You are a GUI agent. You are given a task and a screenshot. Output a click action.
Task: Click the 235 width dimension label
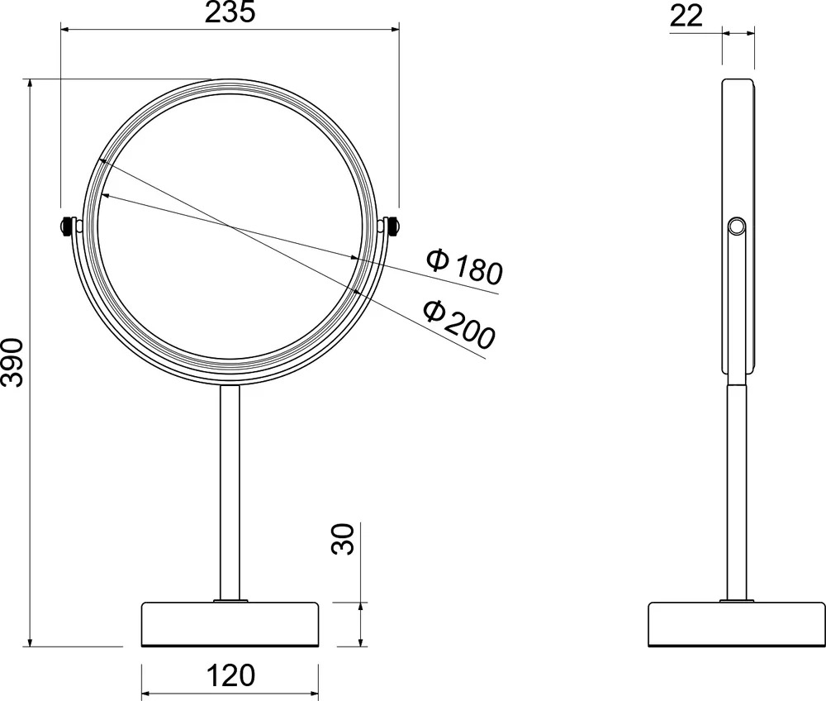pyautogui.click(x=230, y=12)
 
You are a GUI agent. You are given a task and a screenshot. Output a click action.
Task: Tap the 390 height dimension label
pyautogui.click(x=12, y=363)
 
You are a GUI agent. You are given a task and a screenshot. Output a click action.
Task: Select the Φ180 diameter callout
pyautogui.click(x=464, y=265)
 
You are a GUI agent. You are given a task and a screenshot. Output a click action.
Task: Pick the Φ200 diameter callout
pyautogui.click(x=459, y=323)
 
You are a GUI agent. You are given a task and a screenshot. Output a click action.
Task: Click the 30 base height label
pyautogui.click(x=343, y=539)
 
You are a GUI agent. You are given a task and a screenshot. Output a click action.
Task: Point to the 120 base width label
pyautogui.click(x=230, y=675)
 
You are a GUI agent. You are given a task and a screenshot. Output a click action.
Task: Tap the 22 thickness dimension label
pyautogui.click(x=686, y=17)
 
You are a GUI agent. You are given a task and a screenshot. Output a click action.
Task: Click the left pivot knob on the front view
pyautogui.click(x=66, y=227)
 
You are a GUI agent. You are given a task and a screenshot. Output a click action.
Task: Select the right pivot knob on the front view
pyautogui.click(x=392, y=227)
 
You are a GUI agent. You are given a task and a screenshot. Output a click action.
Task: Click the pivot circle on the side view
pyautogui.click(x=737, y=227)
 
